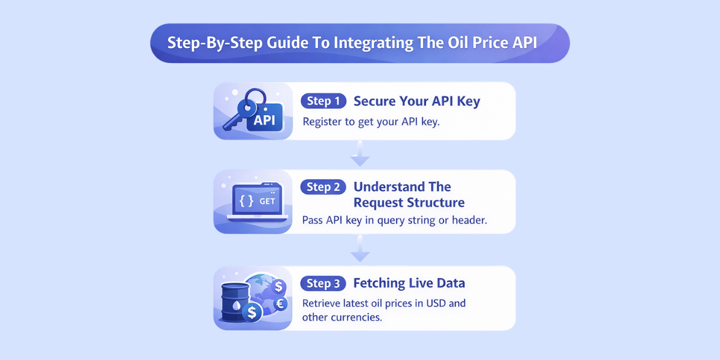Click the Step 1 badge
pyautogui.click(x=323, y=101)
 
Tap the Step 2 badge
pyautogui.click(x=323, y=187)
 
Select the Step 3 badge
pyautogui.click(x=323, y=283)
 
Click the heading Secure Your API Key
pyautogui.click(x=416, y=101)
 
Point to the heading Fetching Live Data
pyautogui.click(x=409, y=283)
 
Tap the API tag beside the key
pyautogui.click(x=264, y=119)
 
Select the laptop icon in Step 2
pyautogui.click(x=253, y=202)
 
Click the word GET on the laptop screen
pyautogui.click(x=267, y=202)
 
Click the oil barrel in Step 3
pyautogui.click(x=236, y=303)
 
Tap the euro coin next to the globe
pyautogui.click(x=280, y=304)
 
